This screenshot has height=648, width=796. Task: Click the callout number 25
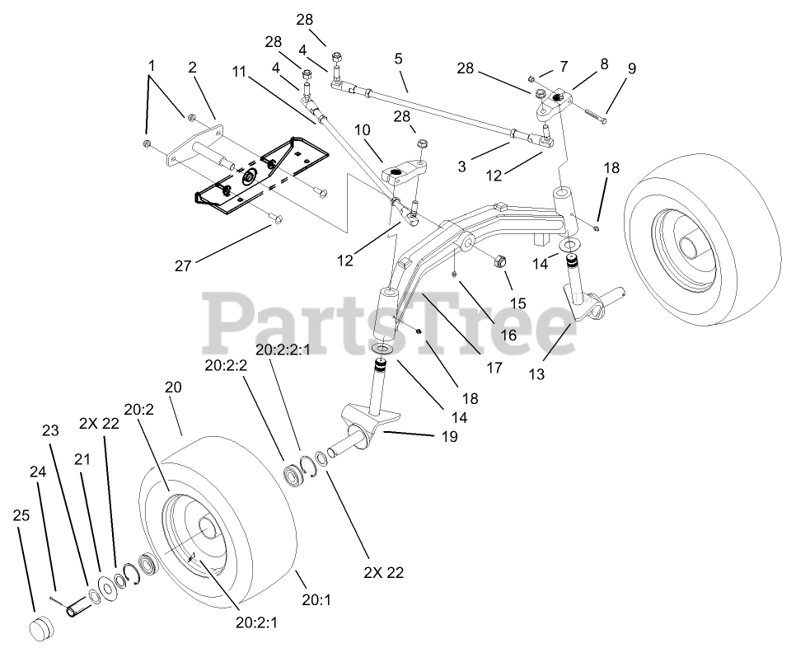click(21, 515)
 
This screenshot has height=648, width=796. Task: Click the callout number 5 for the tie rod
click(399, 59)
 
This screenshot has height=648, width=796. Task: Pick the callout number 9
click(631, 68)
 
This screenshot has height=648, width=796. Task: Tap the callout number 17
click(494, 368)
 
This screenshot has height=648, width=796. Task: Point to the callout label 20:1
click(315, 601)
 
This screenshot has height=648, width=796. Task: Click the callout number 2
click(192, 68)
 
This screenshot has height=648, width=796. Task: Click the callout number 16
click(508, 336)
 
